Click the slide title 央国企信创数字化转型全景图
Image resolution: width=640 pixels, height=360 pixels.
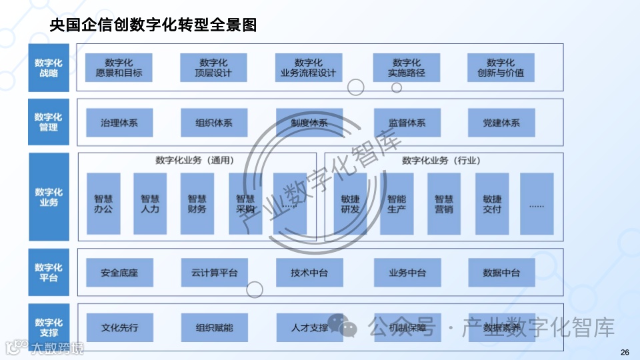(153, 25)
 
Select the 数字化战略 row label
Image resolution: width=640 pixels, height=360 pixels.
(48, 67)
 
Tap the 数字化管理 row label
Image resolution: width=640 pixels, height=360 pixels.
(48, 122)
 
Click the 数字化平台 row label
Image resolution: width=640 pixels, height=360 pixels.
(48, 272)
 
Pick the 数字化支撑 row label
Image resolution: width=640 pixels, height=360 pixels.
(48, 327)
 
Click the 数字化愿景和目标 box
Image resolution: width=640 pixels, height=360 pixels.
(119, 67)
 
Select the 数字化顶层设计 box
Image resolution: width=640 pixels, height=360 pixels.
(213, 67)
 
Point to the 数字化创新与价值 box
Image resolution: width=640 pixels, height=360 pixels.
(501, 67)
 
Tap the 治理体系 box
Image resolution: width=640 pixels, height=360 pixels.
(119, 123)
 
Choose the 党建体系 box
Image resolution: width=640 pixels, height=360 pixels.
(501, 123)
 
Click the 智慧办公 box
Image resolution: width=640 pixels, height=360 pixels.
(103, 203)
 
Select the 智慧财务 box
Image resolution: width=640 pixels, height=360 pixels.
(197, 203)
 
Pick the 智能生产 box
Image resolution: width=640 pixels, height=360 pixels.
(397, 203)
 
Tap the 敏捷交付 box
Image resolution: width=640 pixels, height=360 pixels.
(492, 203)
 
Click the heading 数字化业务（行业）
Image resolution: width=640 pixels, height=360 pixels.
(441, 161)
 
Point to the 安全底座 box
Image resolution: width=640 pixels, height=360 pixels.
(119, 273)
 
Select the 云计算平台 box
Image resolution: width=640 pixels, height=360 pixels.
(213, 273)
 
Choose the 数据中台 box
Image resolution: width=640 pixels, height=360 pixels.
(501, 273)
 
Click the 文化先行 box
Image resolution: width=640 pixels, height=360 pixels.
(119, 328)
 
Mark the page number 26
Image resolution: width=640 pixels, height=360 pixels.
(625, 352)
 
